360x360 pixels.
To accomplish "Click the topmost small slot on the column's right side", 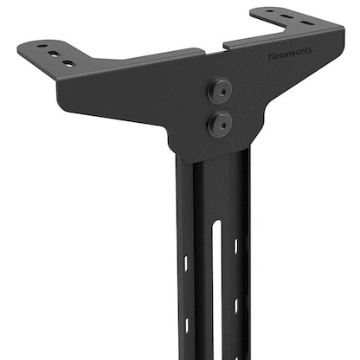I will pos(235,246).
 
